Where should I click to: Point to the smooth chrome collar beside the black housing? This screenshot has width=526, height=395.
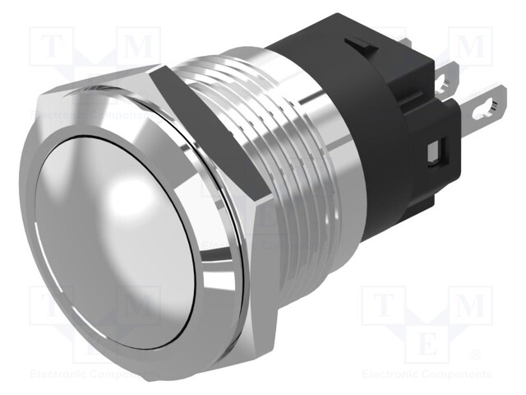tap(329, 156)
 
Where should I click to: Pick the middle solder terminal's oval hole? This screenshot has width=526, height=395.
tap(451, 82)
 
